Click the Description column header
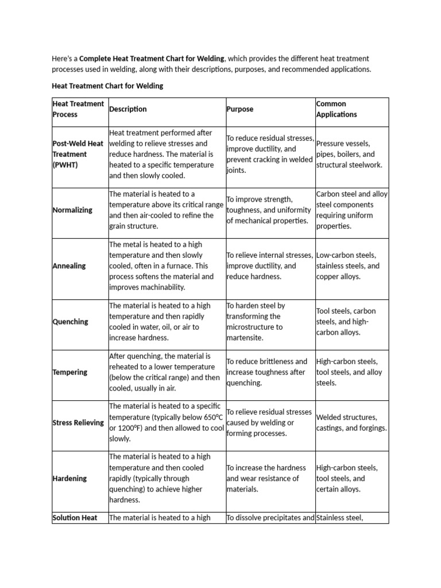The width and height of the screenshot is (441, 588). point(128,109)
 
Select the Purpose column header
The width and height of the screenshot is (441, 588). point(239,109)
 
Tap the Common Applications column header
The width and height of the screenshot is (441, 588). point(336,109)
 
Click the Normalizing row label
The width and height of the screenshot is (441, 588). point(72,210)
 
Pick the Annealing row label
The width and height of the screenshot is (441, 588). point(69,266)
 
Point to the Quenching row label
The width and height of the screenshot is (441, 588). point(71,322)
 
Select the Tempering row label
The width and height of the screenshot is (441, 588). point(70,372)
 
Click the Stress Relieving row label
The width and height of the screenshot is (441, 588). point(79,423)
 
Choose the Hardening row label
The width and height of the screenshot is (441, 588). point(69,478)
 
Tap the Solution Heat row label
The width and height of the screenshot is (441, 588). point(75,518)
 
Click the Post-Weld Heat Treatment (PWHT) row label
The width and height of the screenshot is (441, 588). point(78,154)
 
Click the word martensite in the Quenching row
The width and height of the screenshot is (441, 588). point(245,338)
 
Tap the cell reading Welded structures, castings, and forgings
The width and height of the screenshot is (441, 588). point(351,423)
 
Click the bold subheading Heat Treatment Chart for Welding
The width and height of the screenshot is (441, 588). point(107,86)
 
